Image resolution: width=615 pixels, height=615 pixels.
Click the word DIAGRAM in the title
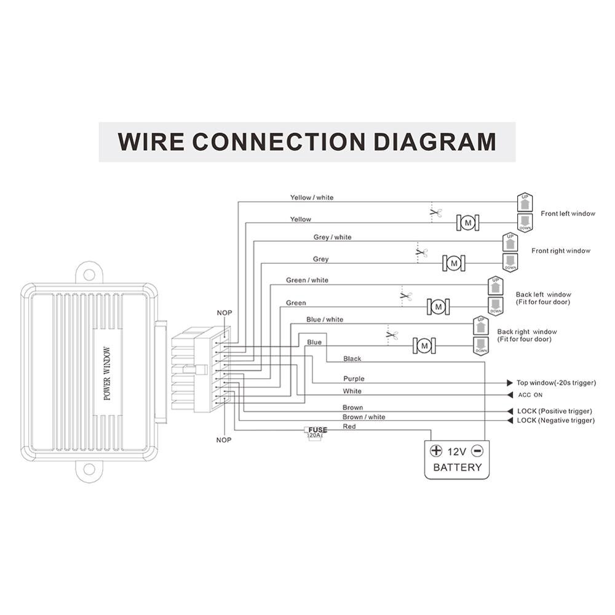click(435, 141)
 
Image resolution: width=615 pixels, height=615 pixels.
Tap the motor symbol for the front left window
click(467, 222)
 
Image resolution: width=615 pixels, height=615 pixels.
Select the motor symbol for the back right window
click(424, 347)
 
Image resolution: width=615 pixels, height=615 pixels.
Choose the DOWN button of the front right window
click(510, 263)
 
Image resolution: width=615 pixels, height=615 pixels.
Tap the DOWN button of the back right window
click(481, 346)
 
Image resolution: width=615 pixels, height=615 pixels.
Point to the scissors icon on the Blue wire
click(392, 335)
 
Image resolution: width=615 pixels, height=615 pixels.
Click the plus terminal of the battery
click(436, 450)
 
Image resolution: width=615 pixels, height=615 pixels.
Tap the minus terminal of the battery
click(478, 450)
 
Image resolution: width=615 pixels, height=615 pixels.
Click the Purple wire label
click(354, 379)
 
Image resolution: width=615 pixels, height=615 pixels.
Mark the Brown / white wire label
click(364, 417)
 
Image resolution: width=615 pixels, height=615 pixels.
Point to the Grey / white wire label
click(333, 237)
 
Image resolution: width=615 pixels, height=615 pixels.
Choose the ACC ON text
click(530, 395)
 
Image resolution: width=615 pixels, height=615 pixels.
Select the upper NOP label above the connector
click(224, 313)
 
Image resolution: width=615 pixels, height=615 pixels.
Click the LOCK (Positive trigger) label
click(554, 411)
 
